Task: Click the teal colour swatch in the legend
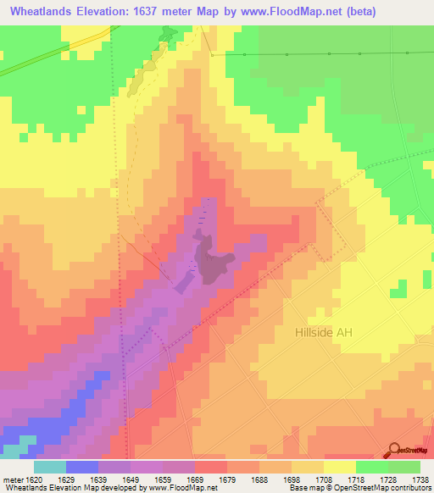50,467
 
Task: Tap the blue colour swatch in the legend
82,467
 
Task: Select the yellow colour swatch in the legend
339,467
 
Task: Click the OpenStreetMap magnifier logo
395,451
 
